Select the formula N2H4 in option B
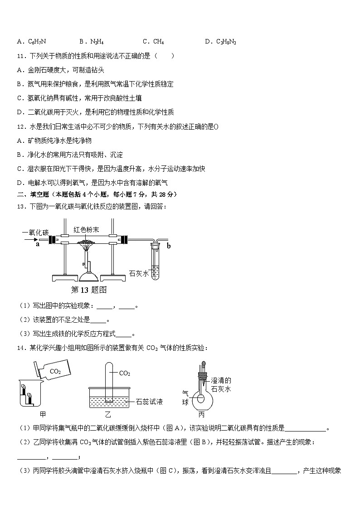pyautogui.click(x=97, y=42)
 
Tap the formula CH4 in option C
pyautogui.click(x=158, y=42)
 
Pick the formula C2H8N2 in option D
pyautogui.click(x=226, y=42)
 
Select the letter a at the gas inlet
pyautogui.click(x=37, y=244)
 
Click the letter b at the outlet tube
pyautogui.click(x=169, y=246)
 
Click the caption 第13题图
pyautogui.click(x=89, y=290)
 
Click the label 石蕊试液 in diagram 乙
pyautogui.click(x=150, y=402)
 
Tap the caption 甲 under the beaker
pyautogui.click(x=43, y=414)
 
